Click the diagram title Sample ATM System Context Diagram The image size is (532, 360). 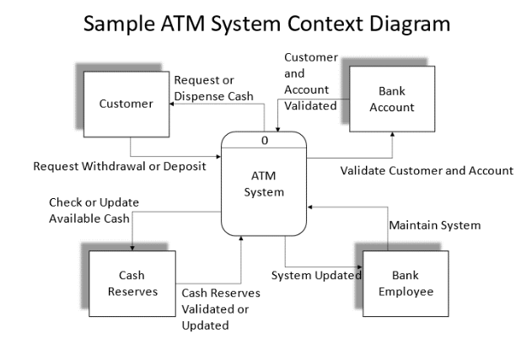[x=266, y=24]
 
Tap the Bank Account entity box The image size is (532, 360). [x=392, y=99]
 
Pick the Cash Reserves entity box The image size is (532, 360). [x=132, y=282]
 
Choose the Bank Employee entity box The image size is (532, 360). [x=406, y=282]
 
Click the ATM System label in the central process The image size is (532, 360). [x=264, y=184]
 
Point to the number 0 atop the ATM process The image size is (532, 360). [x=264, y=140]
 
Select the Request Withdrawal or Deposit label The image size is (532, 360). [x=120, y=166]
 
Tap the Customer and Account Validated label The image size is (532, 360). [x=310, y=82]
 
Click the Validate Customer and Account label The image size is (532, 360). [x=427, y=170]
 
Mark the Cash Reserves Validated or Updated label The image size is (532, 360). [x=221, y=309]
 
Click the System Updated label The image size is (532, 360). [x=316, y=275]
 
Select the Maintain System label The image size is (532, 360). [x=434, y=225]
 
